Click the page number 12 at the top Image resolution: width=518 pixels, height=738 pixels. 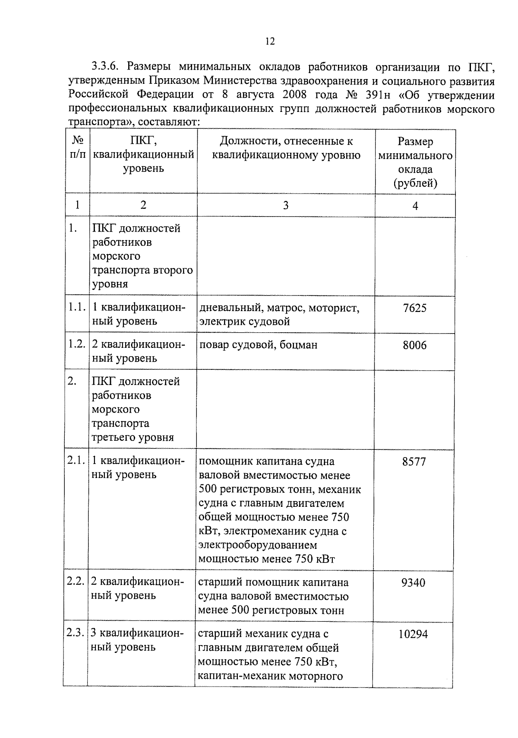pos(270,41)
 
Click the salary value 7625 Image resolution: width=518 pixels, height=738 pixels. pos(414,308)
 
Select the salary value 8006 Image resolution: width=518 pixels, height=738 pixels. pos(414,345)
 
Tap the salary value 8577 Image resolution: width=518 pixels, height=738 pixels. pos(414,461)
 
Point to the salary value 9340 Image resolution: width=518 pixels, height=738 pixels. pos(413,582)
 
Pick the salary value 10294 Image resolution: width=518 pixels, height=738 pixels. pos(413,634)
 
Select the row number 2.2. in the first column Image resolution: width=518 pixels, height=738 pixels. pos(76,582)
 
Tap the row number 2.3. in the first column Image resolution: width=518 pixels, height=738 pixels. pos(76,633)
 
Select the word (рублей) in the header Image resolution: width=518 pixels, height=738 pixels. pos(415,183)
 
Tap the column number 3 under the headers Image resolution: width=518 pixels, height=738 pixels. pos(285,205)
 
